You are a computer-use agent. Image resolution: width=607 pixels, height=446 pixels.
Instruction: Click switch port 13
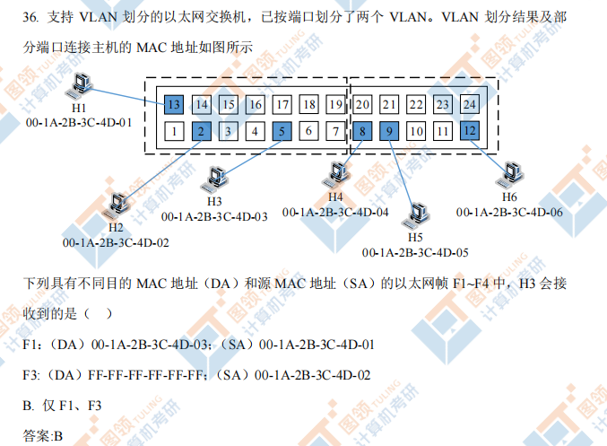[174, 105]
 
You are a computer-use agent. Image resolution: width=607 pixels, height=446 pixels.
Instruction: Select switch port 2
[202, 132]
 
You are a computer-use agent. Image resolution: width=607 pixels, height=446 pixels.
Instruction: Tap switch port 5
[282, 132]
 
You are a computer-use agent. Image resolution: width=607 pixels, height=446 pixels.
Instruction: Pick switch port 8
[361, 132]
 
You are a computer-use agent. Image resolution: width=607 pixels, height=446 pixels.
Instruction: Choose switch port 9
[388, 132]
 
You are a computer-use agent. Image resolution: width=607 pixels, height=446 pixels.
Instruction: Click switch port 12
[469, 132]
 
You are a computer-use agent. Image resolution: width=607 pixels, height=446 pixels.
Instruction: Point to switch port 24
[469, 105]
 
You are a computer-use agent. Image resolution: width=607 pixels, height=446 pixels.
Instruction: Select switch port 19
[335, 105]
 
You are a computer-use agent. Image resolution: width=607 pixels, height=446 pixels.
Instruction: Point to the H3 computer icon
[215, 178]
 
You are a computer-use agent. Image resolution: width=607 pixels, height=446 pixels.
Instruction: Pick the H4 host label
[334, 197]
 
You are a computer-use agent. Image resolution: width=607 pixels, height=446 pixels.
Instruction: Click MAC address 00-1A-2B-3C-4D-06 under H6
[509, 212]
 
